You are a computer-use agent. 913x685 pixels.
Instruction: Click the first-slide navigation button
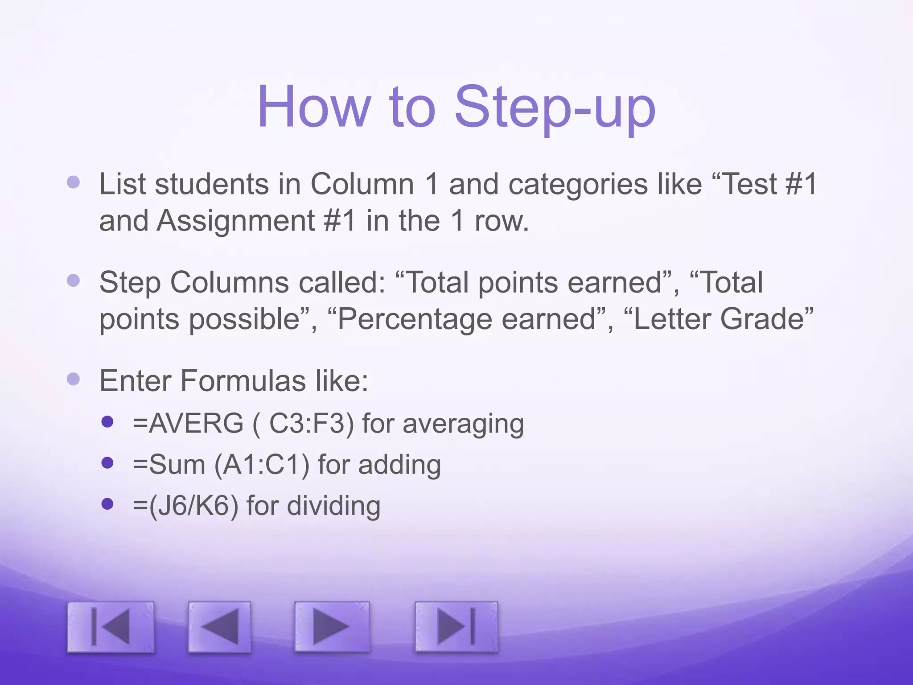pos(111,627)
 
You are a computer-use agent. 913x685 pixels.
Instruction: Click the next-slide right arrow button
pos(332,627)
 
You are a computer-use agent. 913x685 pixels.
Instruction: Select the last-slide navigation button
pos(456,627)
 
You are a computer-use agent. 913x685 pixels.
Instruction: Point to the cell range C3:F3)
pos(312,423)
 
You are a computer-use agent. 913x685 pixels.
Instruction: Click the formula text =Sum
pos(169,465)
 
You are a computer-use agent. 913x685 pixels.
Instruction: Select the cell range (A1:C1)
pos(262,465)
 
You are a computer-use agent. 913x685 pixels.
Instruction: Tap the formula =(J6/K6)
pos(185,506)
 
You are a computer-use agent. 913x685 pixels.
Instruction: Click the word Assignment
pos(236,220)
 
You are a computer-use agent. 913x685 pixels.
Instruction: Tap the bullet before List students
pos(73,182)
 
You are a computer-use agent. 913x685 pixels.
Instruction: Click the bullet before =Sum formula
pos(107,463)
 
